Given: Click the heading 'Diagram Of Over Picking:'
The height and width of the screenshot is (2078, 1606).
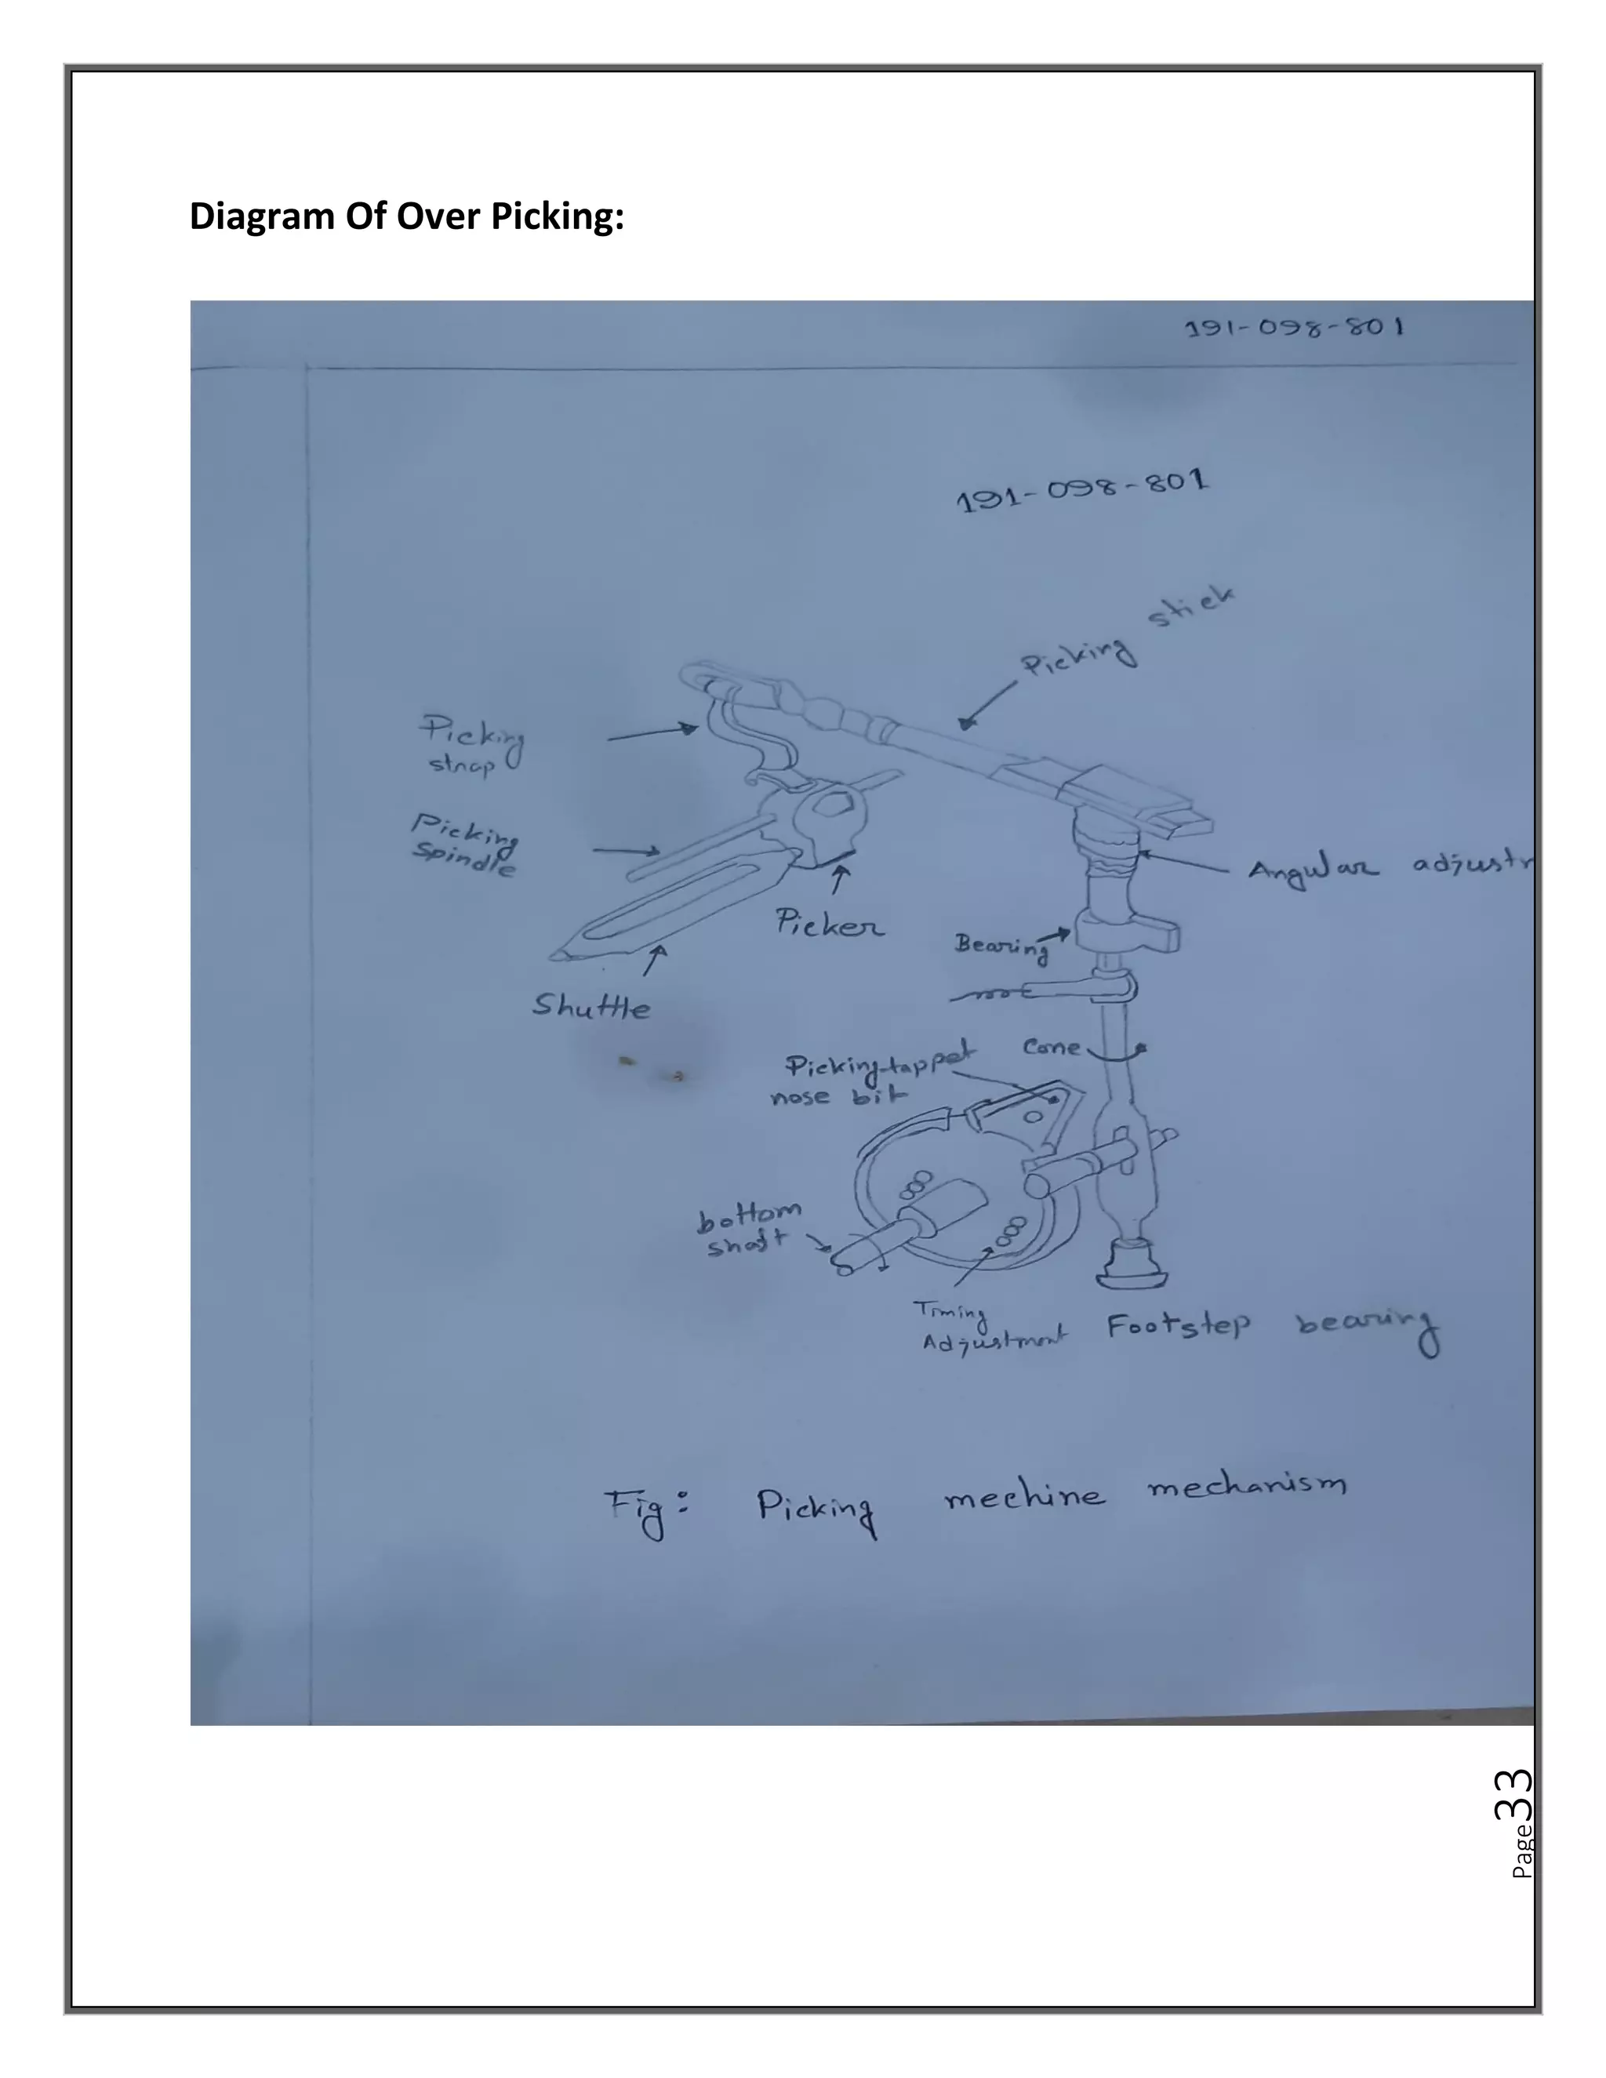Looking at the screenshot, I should click(406, 217).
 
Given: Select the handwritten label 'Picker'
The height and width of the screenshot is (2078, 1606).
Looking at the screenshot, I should click(828, 923).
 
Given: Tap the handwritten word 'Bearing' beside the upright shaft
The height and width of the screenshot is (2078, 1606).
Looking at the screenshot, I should click(1001, 946).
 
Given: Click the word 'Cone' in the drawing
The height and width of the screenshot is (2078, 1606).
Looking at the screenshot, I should click(1052, 1048).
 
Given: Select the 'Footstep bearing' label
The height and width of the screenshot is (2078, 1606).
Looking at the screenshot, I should click(1272, 1328).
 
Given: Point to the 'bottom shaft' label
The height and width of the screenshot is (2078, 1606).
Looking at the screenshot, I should click(749, 1228).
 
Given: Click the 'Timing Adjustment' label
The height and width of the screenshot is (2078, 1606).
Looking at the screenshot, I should click(990, 1328).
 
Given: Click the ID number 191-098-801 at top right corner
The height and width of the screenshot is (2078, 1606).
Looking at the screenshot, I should click(1294, 329).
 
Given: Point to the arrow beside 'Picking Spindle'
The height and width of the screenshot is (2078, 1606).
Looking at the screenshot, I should click(626, 850).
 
